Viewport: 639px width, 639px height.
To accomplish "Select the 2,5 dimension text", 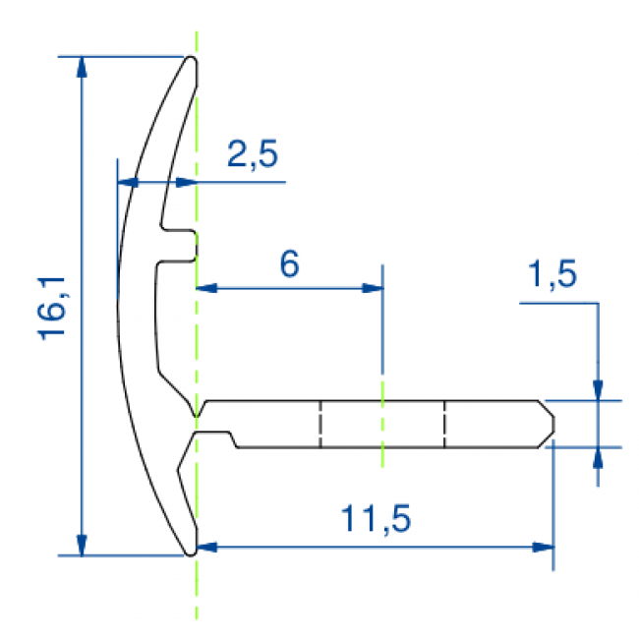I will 253,155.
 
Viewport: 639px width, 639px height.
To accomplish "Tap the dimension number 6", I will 289,263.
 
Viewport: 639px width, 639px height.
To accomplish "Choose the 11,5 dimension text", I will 374,518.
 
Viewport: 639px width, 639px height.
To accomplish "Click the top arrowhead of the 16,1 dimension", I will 82,67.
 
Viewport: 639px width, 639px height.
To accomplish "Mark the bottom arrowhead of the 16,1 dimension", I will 82,545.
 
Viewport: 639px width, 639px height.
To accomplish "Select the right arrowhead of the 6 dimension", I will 373,288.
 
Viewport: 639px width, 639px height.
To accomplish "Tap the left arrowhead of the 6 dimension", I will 206,288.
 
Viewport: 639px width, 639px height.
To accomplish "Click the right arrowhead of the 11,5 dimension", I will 543,547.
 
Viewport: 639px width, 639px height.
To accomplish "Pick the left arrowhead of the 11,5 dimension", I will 207,547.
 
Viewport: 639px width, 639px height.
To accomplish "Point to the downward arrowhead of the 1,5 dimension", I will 597,390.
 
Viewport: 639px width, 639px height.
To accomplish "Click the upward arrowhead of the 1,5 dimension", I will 597,457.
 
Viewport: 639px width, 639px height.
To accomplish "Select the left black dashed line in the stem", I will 320,424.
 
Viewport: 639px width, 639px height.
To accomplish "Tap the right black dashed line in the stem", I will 444,424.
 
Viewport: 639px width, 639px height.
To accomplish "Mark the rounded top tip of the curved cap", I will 193,62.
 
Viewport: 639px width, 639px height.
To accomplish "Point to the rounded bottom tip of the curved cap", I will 191,550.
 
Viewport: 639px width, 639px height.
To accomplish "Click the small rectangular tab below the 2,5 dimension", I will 181,245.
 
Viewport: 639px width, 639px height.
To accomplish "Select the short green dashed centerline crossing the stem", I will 382,424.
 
